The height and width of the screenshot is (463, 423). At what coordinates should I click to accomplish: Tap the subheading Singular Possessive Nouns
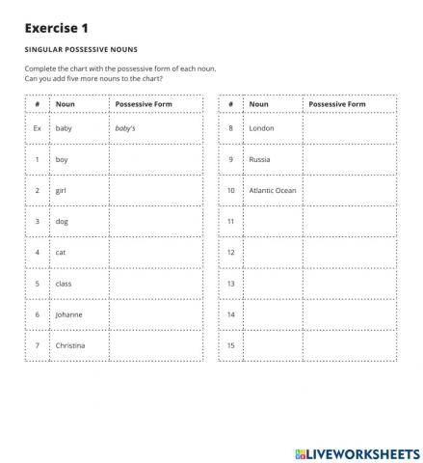coord(81,49)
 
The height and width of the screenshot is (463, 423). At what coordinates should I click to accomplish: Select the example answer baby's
coord(125,128)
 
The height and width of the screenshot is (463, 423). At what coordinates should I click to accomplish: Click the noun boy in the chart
coord(62,159)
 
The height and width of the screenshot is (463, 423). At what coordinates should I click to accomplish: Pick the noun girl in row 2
coord(62,190)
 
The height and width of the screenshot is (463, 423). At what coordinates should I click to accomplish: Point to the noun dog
coord(62,222)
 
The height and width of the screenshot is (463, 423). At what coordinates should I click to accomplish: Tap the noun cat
coord(61,253)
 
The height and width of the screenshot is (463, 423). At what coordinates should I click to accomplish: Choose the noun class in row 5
coord(64,284)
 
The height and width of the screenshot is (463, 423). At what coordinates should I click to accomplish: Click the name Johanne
coord(68,314)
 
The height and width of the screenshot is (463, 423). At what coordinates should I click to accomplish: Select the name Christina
coord(70,345)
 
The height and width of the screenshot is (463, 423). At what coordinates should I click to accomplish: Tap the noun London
coord(261,128)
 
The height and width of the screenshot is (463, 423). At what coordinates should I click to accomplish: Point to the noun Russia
coord(260,159)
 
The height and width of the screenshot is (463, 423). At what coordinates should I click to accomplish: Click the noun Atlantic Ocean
coord(273,190)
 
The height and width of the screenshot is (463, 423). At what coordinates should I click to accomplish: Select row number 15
coord(231,345)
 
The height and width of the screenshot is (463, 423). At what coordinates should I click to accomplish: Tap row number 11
coord(231,222)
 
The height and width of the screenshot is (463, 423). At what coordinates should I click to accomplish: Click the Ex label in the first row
coord(37,128)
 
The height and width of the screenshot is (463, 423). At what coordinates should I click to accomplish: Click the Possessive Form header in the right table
coord(337,104)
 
